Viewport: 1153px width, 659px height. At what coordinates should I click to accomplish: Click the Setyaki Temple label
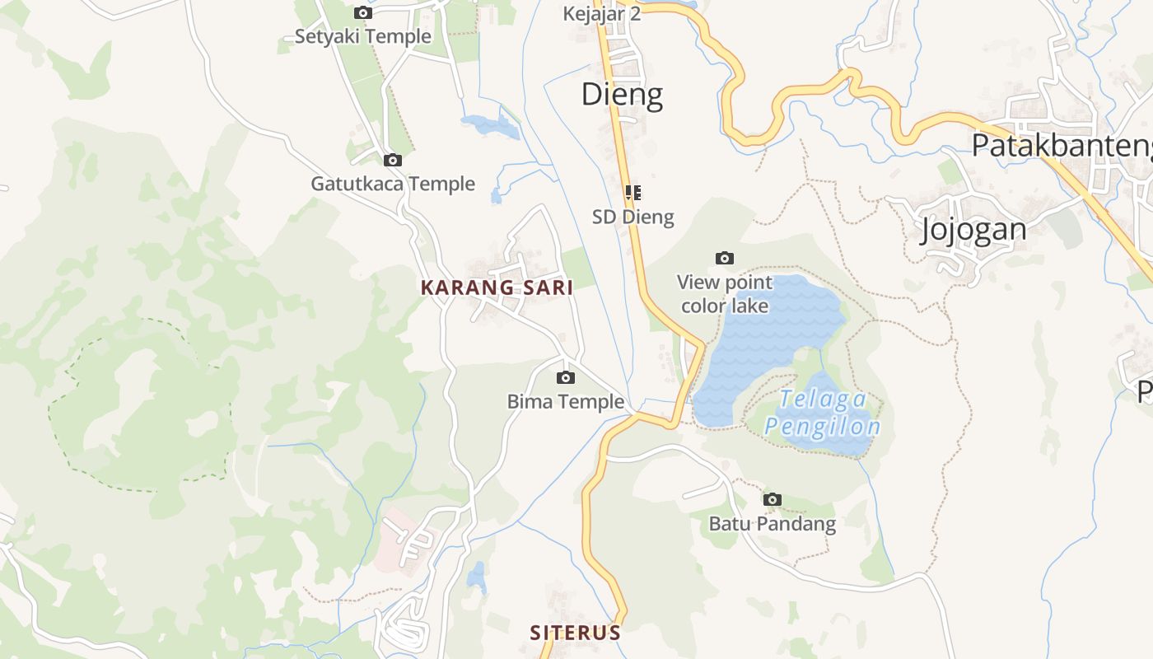362,36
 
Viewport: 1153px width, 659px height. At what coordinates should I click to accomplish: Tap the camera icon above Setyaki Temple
362,12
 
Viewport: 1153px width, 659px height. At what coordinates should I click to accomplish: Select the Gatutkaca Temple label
393,184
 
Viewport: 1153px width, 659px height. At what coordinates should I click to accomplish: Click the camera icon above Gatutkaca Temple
393,160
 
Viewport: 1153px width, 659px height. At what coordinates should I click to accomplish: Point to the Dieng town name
622,95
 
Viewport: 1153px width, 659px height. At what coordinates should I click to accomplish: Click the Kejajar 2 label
601,14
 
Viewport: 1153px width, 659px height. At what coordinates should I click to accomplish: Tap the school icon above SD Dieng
633,193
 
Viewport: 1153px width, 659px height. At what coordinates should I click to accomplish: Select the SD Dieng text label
633,217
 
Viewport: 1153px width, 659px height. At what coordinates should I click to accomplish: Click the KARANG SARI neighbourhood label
497,288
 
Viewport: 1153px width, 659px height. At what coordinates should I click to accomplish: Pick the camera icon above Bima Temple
566,377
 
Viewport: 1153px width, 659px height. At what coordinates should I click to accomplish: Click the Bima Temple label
566,402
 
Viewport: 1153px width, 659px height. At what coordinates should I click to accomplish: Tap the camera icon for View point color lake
725,258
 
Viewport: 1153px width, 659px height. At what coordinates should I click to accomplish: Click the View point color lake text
725,294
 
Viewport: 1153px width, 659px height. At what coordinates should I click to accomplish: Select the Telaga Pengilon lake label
823,413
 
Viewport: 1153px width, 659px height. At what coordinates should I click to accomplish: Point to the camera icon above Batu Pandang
772,499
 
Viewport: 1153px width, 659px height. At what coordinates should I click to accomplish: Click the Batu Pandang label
772,524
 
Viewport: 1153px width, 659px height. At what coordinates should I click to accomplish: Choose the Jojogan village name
973,229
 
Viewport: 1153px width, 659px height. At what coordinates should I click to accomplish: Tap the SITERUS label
575,633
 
